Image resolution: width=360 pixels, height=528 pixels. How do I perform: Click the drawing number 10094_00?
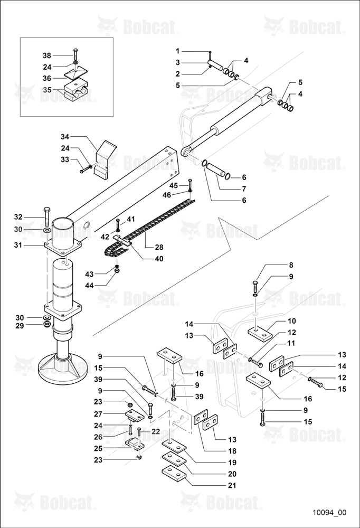(x=329, y=513)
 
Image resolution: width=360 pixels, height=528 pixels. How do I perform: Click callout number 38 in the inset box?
(x=47, y=55)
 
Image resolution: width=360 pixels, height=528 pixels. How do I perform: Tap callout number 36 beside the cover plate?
(x=47, y=78)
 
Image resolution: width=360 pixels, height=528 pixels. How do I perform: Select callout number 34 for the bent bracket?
(x=65, y=137)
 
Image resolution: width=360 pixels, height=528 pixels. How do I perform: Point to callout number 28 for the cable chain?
(x=159, y=247)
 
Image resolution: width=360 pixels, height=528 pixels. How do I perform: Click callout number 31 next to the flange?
(x=18, y=245)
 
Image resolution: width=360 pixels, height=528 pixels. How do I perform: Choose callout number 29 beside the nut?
(x=20, y=326)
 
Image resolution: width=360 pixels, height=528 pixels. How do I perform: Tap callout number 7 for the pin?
(x=244, y=188)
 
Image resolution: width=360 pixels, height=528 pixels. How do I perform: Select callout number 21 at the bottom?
(x=232, y=485)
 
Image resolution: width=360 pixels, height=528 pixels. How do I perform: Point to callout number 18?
(x=232, y=451)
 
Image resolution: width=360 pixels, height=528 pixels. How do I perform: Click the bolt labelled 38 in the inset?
(x=75, y=54)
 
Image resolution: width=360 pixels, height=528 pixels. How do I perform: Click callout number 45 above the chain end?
(x=174, y=185)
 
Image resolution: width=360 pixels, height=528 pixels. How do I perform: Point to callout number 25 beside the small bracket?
(x=98, y=448)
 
